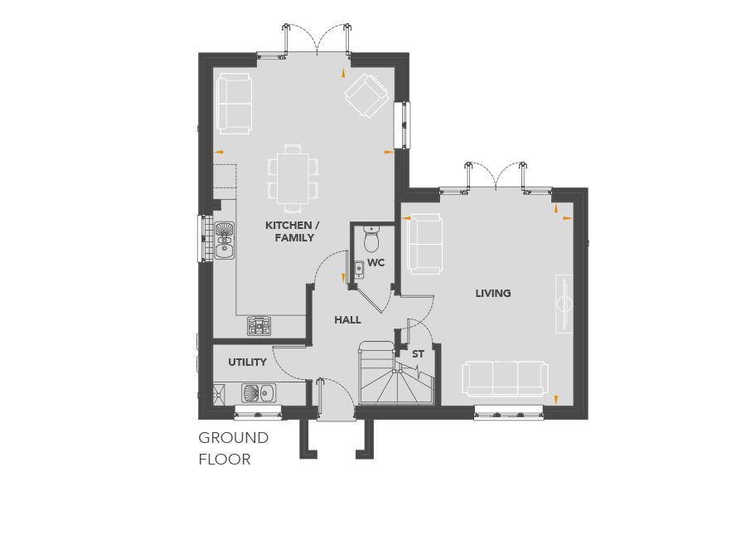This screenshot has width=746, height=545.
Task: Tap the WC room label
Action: pyautogui.click(x=375, y=263)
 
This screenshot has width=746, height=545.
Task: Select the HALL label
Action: pyautogui.click(x=347, y=320)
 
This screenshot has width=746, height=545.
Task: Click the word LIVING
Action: pyautogui.click(x=493, y=293)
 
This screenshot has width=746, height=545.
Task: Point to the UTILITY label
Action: pyautogui.click(x=247, y=363)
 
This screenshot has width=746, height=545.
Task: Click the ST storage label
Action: pyautogui.click(x=418, y=354)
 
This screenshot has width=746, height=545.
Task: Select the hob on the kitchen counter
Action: pyautogui.click(x=259, y=325)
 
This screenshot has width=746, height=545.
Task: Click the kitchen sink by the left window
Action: pyautogui.click(x=224, y=241)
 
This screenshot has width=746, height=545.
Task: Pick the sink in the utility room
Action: pyautogui.click(x=259, y=393)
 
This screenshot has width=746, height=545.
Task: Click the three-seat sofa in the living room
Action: pyautogui.click(x=505, y=379)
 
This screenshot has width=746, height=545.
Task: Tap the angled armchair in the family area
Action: pyautogui.click(x=367, y=95)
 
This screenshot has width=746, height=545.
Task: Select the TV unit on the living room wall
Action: pyautogui.click(x=564, y=304)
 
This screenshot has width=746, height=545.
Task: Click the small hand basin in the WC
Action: pyautogui.click(x=359, y=270)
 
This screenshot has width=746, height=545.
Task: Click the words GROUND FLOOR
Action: pyautogui.click(x=233, y=449)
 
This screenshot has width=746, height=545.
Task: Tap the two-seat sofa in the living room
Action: pyautogui.click(x=425, y=244)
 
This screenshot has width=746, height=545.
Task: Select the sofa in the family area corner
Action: pyautogui.click(x=234, y=104)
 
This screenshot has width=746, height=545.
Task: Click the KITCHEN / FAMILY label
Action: pyautogui.click(x=292, y=231)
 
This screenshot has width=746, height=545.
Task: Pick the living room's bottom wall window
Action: pyautogui.click(x=509, y=412)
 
